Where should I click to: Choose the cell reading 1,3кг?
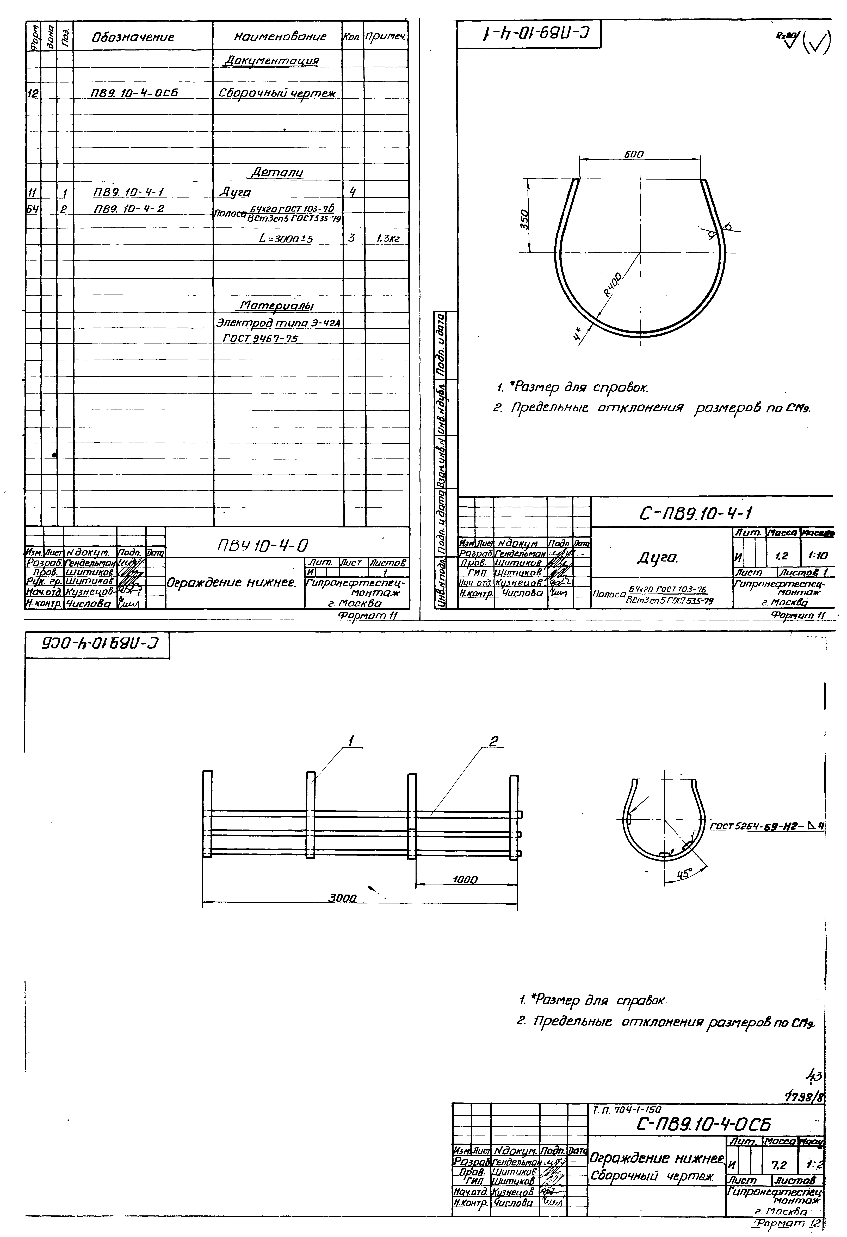tap(387, 239)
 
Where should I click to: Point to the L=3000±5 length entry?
tap(285, 239)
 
